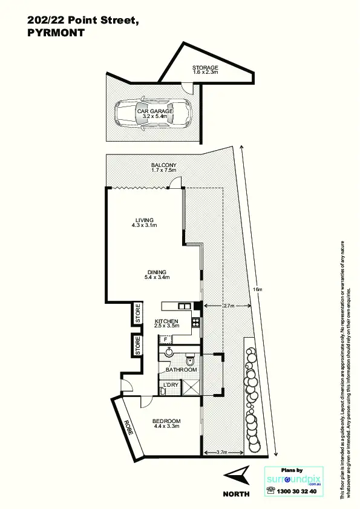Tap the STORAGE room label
click(205, 67)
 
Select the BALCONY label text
click(163, 165)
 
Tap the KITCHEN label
click(166, 321)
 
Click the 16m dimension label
click(258, 290)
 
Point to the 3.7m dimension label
click(221, 452)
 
